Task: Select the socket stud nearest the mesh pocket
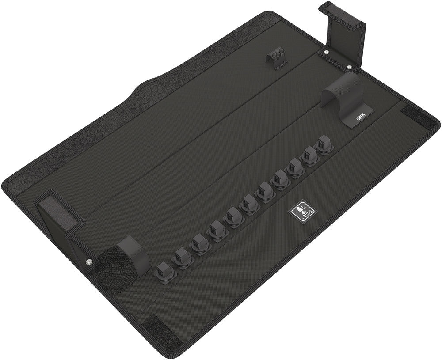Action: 164,270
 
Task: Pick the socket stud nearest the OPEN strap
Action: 324,144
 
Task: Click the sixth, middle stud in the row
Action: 249,204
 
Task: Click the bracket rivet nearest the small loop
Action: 326,53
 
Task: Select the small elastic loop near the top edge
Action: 277,61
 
